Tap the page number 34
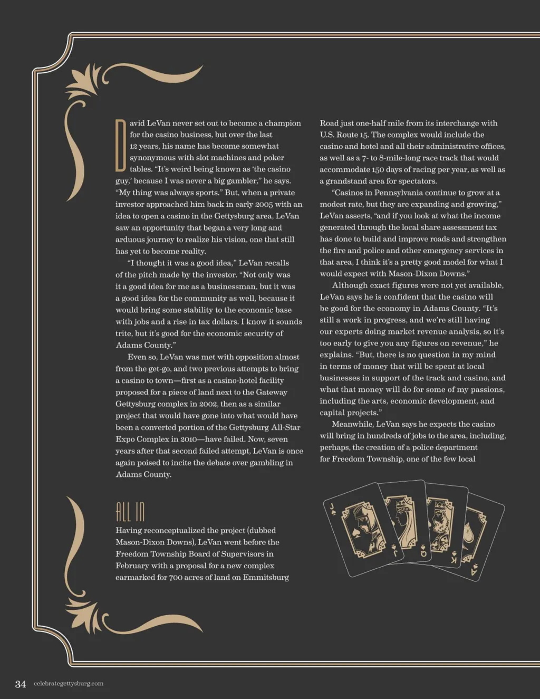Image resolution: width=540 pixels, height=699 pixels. (21, 684)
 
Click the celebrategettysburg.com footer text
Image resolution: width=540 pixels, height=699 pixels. (69, 684)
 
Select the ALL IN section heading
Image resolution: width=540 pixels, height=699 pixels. (130, 511)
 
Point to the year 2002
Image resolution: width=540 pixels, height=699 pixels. (208, 404)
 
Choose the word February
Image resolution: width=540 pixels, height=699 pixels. (132, 566)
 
